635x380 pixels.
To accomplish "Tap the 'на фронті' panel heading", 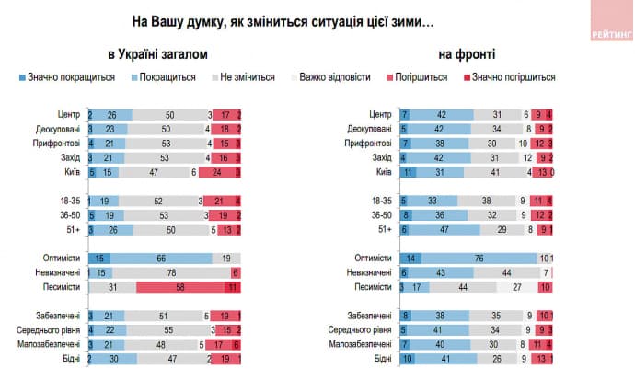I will coord(457,53).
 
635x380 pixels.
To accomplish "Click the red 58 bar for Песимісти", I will coord(180,287).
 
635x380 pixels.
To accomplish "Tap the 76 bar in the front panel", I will coord(479,259).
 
